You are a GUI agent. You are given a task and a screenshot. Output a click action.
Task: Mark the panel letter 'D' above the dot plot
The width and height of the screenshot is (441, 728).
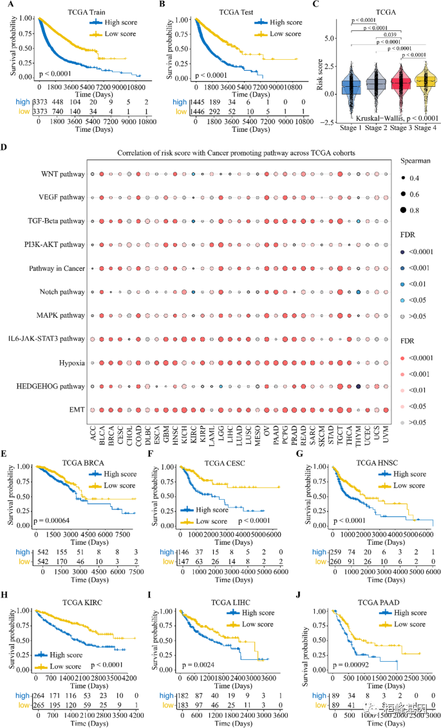click(5, 147)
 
